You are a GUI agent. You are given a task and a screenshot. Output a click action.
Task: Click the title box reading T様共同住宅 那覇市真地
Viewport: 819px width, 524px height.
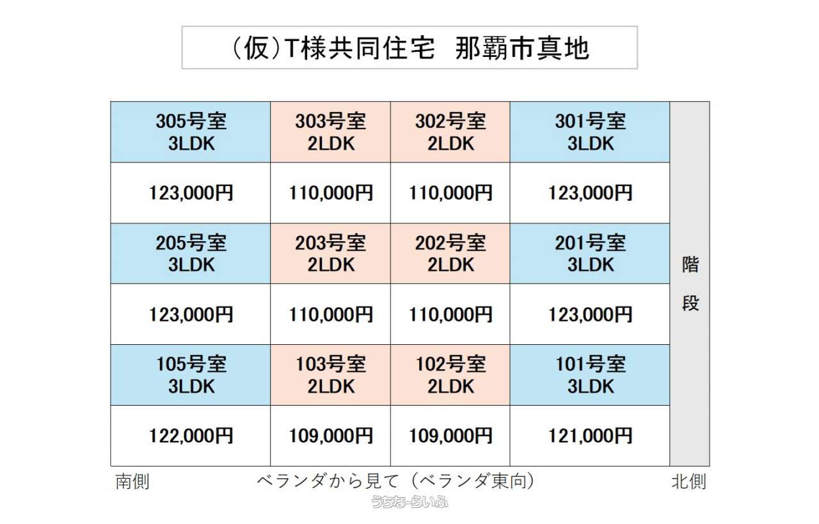[409, 47]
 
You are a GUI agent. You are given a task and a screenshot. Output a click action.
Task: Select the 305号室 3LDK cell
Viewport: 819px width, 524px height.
[191, 132]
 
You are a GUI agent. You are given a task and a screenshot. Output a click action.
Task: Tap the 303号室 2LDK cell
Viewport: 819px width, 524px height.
[331, 132]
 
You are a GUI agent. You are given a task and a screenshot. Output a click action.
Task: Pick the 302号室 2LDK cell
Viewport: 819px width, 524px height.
[450, 132]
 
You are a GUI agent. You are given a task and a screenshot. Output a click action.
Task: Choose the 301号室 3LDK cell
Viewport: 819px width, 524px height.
[590, 132]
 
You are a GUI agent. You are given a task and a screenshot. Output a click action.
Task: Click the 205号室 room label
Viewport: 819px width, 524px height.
[191, 242]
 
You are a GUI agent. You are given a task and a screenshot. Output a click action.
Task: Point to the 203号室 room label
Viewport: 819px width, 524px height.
[331, 242]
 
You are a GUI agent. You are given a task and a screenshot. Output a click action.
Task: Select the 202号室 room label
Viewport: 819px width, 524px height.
[450, 242]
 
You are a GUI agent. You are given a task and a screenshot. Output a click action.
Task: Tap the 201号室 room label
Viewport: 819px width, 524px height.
[590, 242]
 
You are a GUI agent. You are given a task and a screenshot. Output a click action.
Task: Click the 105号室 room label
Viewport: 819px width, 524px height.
[191, 364]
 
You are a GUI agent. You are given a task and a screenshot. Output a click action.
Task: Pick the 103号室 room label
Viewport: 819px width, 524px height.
[331, 364]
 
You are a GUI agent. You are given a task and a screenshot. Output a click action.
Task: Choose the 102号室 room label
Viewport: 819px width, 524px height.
[450, 364]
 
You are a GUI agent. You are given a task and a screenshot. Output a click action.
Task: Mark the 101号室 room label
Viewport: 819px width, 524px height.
[591, 364]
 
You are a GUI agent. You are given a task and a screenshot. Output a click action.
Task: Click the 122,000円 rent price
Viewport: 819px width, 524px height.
[191, 436]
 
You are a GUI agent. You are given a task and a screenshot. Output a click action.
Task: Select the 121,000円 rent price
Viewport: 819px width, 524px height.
[590, 436]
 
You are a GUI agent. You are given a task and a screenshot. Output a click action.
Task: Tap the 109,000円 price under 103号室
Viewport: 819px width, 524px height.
[331, 436]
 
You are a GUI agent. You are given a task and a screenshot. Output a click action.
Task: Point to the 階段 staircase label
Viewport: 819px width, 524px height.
[690, 284]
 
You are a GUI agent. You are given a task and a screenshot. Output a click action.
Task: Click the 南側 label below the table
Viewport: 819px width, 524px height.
[132, 481]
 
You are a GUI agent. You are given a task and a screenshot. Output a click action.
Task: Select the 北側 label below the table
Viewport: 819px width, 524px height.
[688, 481]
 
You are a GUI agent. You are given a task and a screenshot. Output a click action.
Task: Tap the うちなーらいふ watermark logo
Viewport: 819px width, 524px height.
[409, 502]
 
